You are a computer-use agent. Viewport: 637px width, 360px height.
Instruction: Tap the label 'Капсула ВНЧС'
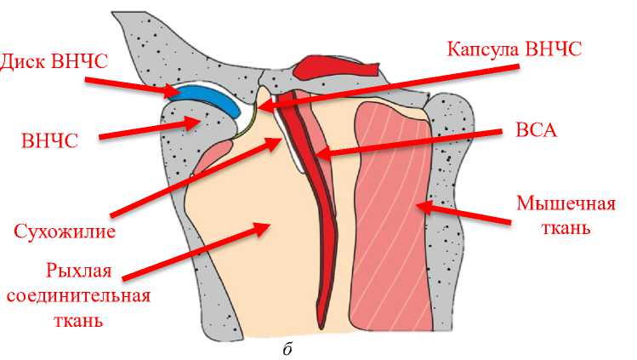click(x=515, y=48)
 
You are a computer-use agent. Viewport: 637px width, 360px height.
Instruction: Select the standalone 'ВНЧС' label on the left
click(x=49, y=141)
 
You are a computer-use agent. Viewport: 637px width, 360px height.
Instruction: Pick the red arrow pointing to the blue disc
click(x=132, y=82)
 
